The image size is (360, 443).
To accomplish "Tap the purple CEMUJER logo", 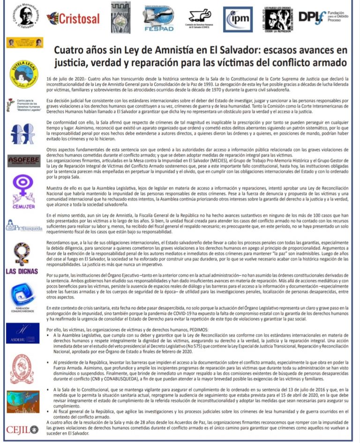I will [x=22, y=189].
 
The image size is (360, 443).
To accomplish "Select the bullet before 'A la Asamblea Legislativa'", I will [x=49, y=336].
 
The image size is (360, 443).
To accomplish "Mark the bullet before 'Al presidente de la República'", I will [x=49, y=363].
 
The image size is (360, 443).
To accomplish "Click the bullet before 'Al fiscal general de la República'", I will [x=49, y=411].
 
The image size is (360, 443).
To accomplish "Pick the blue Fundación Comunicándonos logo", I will [x=22, y=296].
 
